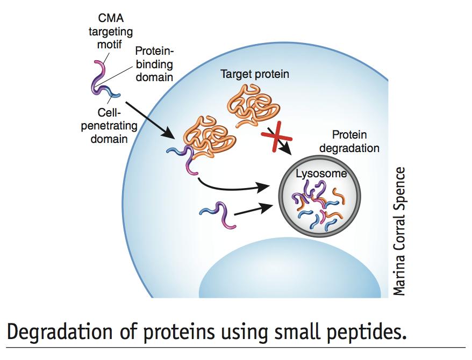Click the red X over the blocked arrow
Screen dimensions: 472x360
[276, 137]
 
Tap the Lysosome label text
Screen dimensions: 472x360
[321, 174]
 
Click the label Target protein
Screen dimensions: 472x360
[255, 74]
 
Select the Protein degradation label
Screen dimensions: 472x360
[349, 141]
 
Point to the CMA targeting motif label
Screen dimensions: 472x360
[111, 31]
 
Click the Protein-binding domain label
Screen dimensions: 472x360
[154, 64]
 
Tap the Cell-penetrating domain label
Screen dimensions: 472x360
[109, 126]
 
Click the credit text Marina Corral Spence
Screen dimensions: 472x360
[399, 232]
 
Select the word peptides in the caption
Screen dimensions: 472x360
[366, 332]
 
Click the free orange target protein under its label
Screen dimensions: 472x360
[253, 105]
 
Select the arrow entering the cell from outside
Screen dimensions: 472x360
[149, 120]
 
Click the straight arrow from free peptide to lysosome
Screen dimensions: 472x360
[253, 210]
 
